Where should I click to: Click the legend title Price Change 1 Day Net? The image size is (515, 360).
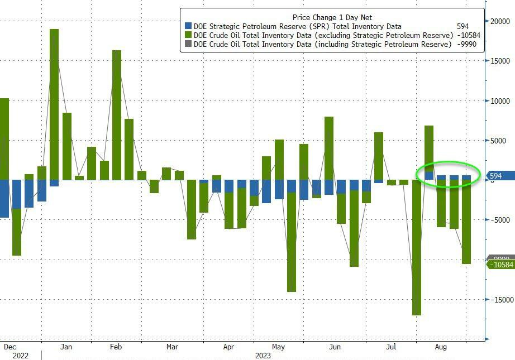332,17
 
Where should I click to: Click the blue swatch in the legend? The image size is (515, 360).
188,26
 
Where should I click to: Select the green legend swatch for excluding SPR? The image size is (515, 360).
188,35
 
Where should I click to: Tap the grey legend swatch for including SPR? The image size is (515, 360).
188,44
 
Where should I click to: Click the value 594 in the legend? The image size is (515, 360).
462,26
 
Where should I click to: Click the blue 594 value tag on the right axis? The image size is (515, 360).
496,176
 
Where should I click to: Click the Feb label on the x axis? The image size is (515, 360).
116,347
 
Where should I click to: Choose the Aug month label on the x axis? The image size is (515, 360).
441,347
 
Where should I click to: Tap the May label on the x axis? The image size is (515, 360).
278,347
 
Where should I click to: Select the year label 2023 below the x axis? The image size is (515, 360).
263,355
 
